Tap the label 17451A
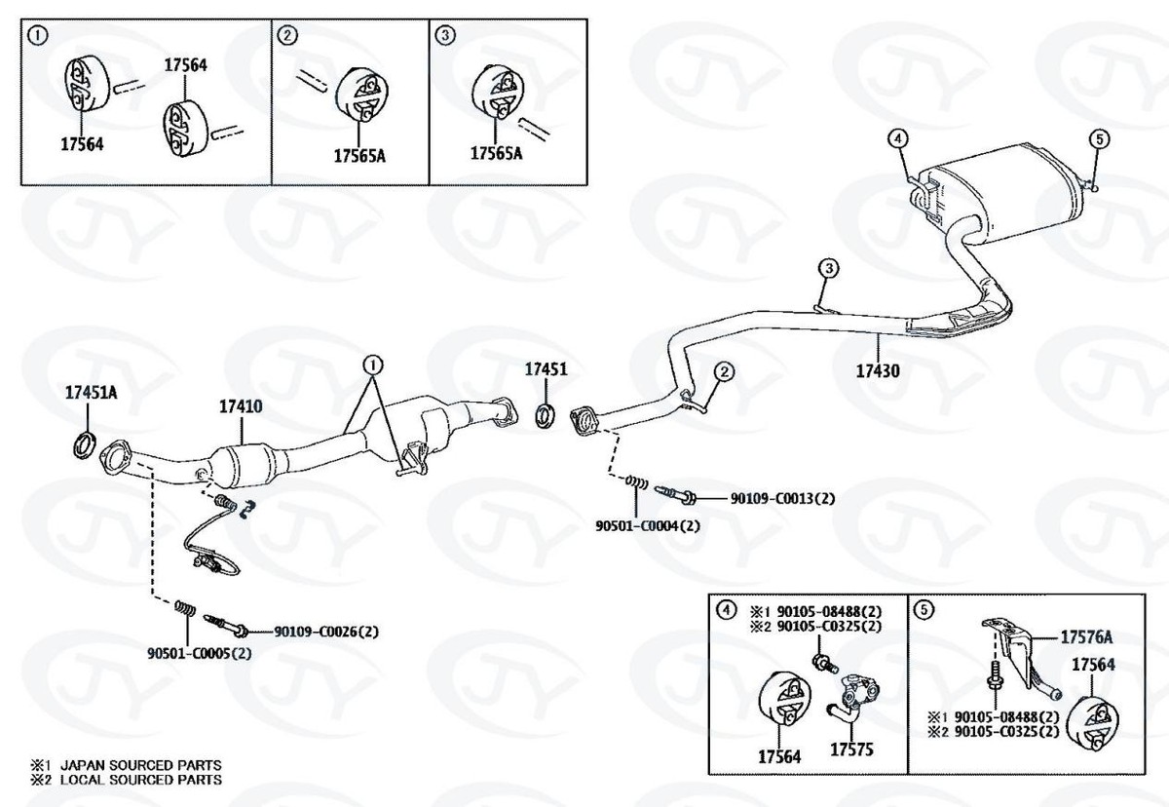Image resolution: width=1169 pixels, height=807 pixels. coord(91,393)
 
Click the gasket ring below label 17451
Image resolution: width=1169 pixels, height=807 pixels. coord(547,416)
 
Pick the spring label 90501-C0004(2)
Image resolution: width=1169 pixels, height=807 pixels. coord(648,526)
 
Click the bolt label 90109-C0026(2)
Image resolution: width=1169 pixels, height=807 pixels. coord(325,632)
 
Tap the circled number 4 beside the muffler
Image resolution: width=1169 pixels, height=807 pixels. coord(897,139)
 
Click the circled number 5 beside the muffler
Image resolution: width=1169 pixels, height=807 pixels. coord(1098,139)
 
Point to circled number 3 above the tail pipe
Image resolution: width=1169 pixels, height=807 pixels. coord(828,267)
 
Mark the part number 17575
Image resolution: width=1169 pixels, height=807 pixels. coord(851,751)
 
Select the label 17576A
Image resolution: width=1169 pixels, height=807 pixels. coord(1086,638)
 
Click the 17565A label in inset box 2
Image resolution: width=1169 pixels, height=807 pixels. coord(359,155)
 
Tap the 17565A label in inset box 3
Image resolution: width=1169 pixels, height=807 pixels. coord(497,154)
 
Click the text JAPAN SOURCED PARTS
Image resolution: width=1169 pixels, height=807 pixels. coord(140,765)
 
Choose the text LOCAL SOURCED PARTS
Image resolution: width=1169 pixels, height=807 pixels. coord(140,780)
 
